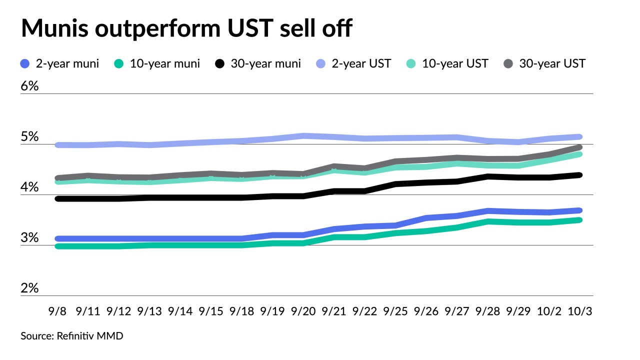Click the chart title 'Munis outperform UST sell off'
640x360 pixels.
click(186, 29)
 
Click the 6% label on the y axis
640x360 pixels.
click(29, 86)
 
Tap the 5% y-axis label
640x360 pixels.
click(29, 136)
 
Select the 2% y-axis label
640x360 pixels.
click(29, 288)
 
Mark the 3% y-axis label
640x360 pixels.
click(29, 237)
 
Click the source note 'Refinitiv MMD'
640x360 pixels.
click(72, 336)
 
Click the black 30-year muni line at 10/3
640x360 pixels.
click(579, 175)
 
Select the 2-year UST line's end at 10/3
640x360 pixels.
click(579, 136)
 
